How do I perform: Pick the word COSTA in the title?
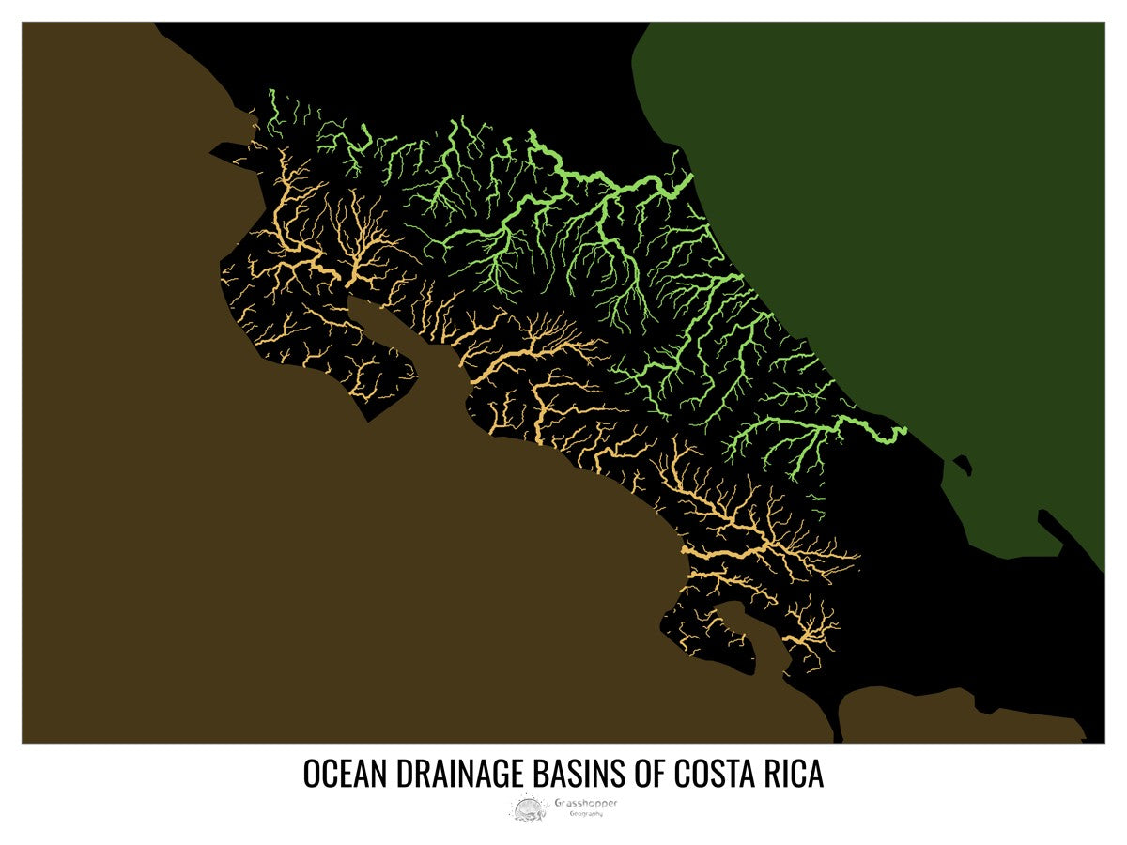(x=711, y=775)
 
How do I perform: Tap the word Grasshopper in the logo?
(x=586, y=803)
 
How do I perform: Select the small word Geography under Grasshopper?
(x=586, y=813)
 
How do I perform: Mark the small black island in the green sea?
(x=962, y=463)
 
